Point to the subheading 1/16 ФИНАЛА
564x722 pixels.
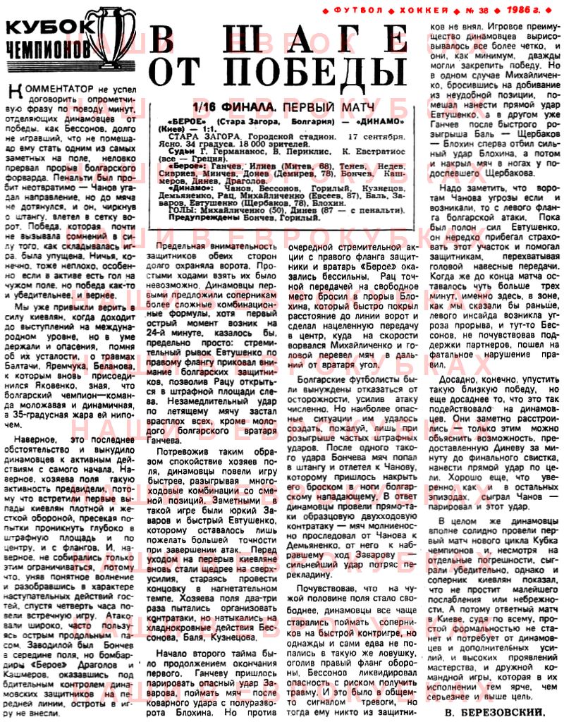pos(226,107)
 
